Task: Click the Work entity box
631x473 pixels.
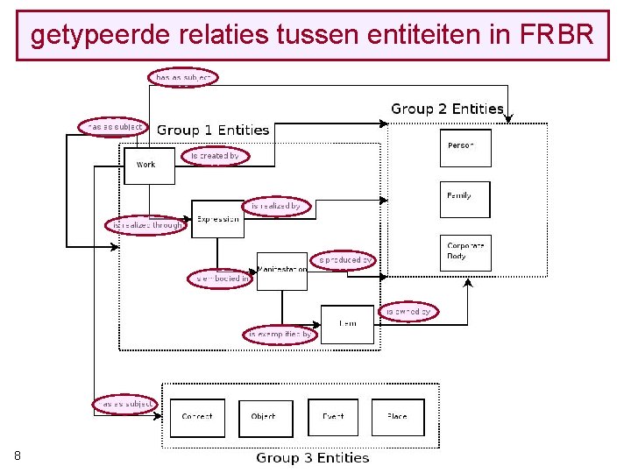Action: (x=149, y=165)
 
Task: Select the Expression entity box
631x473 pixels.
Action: (x=217, y=219)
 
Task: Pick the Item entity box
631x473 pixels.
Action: (x=347, y=324)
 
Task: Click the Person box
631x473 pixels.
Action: (x=464, y=147)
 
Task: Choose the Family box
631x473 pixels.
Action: (x=464, y=199)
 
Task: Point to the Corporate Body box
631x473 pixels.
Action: (x=464, y=252)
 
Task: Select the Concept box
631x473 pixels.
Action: (x=197, y=417)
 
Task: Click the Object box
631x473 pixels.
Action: (x=264, y=417)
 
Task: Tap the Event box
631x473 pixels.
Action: (x=333, y=417)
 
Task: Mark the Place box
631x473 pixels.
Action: (x=397, y=417)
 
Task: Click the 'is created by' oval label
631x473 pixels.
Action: (x=215, y=156)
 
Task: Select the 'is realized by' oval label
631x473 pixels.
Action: (x=276, y=206)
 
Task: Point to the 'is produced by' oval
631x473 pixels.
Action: (x=345, y=259)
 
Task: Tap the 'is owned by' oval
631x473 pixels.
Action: (x=408, y=311)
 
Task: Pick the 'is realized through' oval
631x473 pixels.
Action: (x=145, y=225)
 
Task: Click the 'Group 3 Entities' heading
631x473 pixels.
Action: (x=313, y=457)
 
